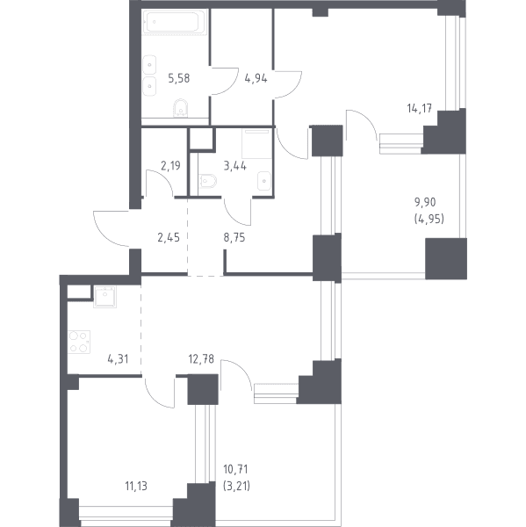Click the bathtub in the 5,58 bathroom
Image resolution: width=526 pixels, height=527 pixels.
[175, 22]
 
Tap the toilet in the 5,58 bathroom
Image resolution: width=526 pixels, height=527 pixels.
[181, 108]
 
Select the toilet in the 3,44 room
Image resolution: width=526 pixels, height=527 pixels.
[208, 181]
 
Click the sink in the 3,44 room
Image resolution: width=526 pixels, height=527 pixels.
[264, 181]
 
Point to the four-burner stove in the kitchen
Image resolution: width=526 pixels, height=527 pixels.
[79, 342]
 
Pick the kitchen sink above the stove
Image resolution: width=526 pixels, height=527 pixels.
[104, 297]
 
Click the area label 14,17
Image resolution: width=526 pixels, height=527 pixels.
[419, 109]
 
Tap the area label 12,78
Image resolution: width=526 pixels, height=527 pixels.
[201, 359]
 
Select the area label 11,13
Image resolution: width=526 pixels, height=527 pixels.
[136, 486]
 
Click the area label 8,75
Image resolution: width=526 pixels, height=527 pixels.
[234, 238]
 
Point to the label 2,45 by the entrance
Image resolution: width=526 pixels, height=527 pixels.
[169, 238]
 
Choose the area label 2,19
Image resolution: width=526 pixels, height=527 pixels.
[170, 166]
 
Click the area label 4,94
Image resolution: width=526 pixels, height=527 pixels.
[256, 79]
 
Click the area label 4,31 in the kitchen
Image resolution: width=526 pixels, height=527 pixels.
[118, 359]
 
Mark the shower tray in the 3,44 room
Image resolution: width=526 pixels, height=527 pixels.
[256, 144]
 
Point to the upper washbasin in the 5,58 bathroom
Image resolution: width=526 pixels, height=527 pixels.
[149, 65]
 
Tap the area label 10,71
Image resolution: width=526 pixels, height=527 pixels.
[235, 469]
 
